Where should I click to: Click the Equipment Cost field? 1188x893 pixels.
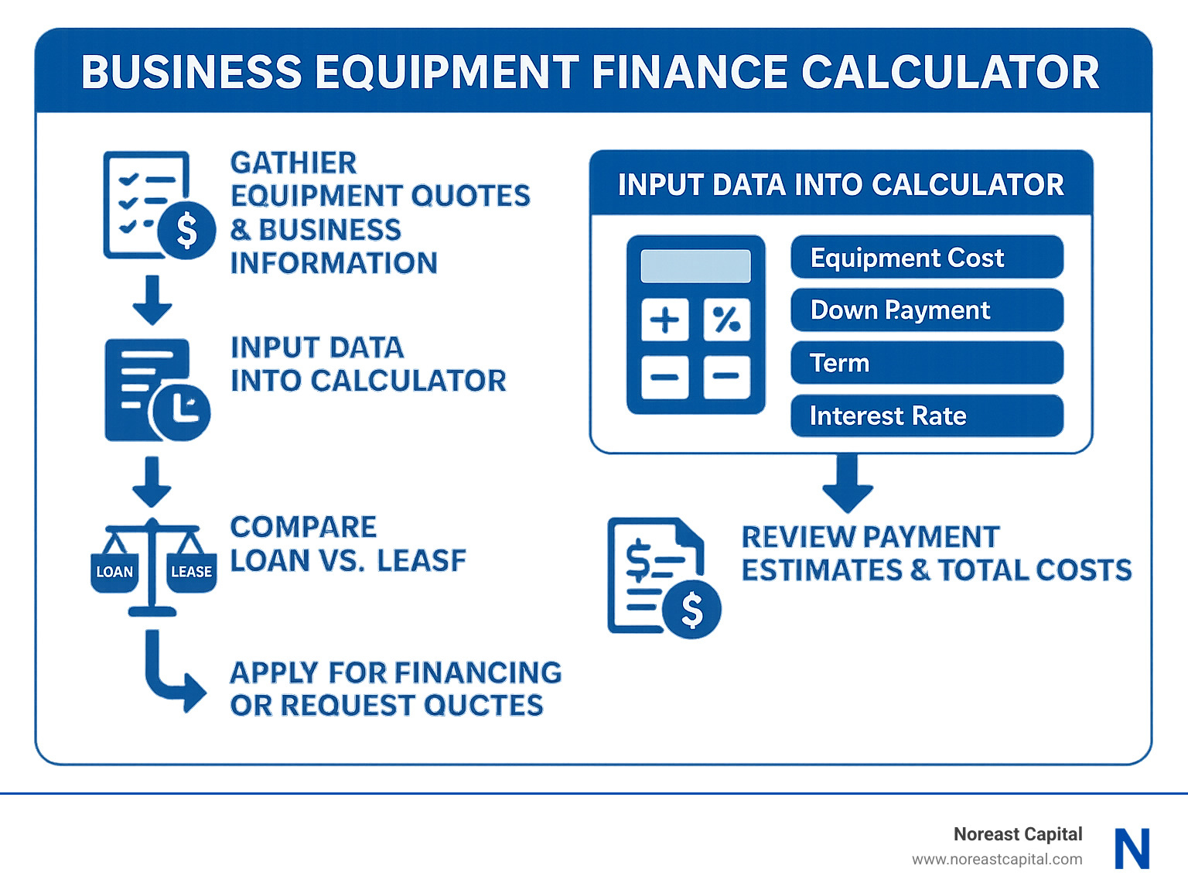click(927, 257)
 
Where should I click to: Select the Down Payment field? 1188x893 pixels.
click(927, 310)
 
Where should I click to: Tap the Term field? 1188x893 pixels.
click(927, 363)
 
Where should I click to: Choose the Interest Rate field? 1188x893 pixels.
click(927, 416)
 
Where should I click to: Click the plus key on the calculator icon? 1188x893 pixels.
click(664, 320)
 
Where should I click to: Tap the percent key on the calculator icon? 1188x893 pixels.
click(726, 320)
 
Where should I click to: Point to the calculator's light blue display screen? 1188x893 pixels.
click(695, 266)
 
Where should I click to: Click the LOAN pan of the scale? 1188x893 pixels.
click(114, 572)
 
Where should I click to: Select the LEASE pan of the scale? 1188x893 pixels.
click(191, 572)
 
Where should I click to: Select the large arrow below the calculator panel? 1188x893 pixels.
click(848, 483)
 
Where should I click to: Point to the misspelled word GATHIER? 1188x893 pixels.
click(293, 163)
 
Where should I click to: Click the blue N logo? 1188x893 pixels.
click(1132, 849)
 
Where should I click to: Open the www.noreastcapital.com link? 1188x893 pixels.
click(996, 859)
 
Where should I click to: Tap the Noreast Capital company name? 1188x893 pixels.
click(1017, 834)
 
